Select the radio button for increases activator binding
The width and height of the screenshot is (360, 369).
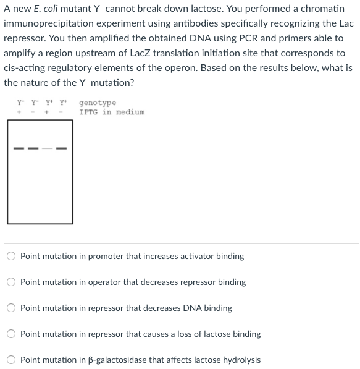click(11, 256)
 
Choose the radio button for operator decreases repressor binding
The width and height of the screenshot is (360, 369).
click(11, 282)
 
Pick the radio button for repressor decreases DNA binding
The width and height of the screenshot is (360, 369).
click(11, 308)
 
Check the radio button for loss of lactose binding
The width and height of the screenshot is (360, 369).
click(11, 334)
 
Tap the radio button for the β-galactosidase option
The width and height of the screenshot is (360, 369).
click(11, 360)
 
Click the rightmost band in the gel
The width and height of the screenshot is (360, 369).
click(62, 148)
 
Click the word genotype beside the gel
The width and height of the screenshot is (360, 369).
click(98, 103)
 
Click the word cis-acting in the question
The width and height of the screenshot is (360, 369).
click(23, 68)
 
